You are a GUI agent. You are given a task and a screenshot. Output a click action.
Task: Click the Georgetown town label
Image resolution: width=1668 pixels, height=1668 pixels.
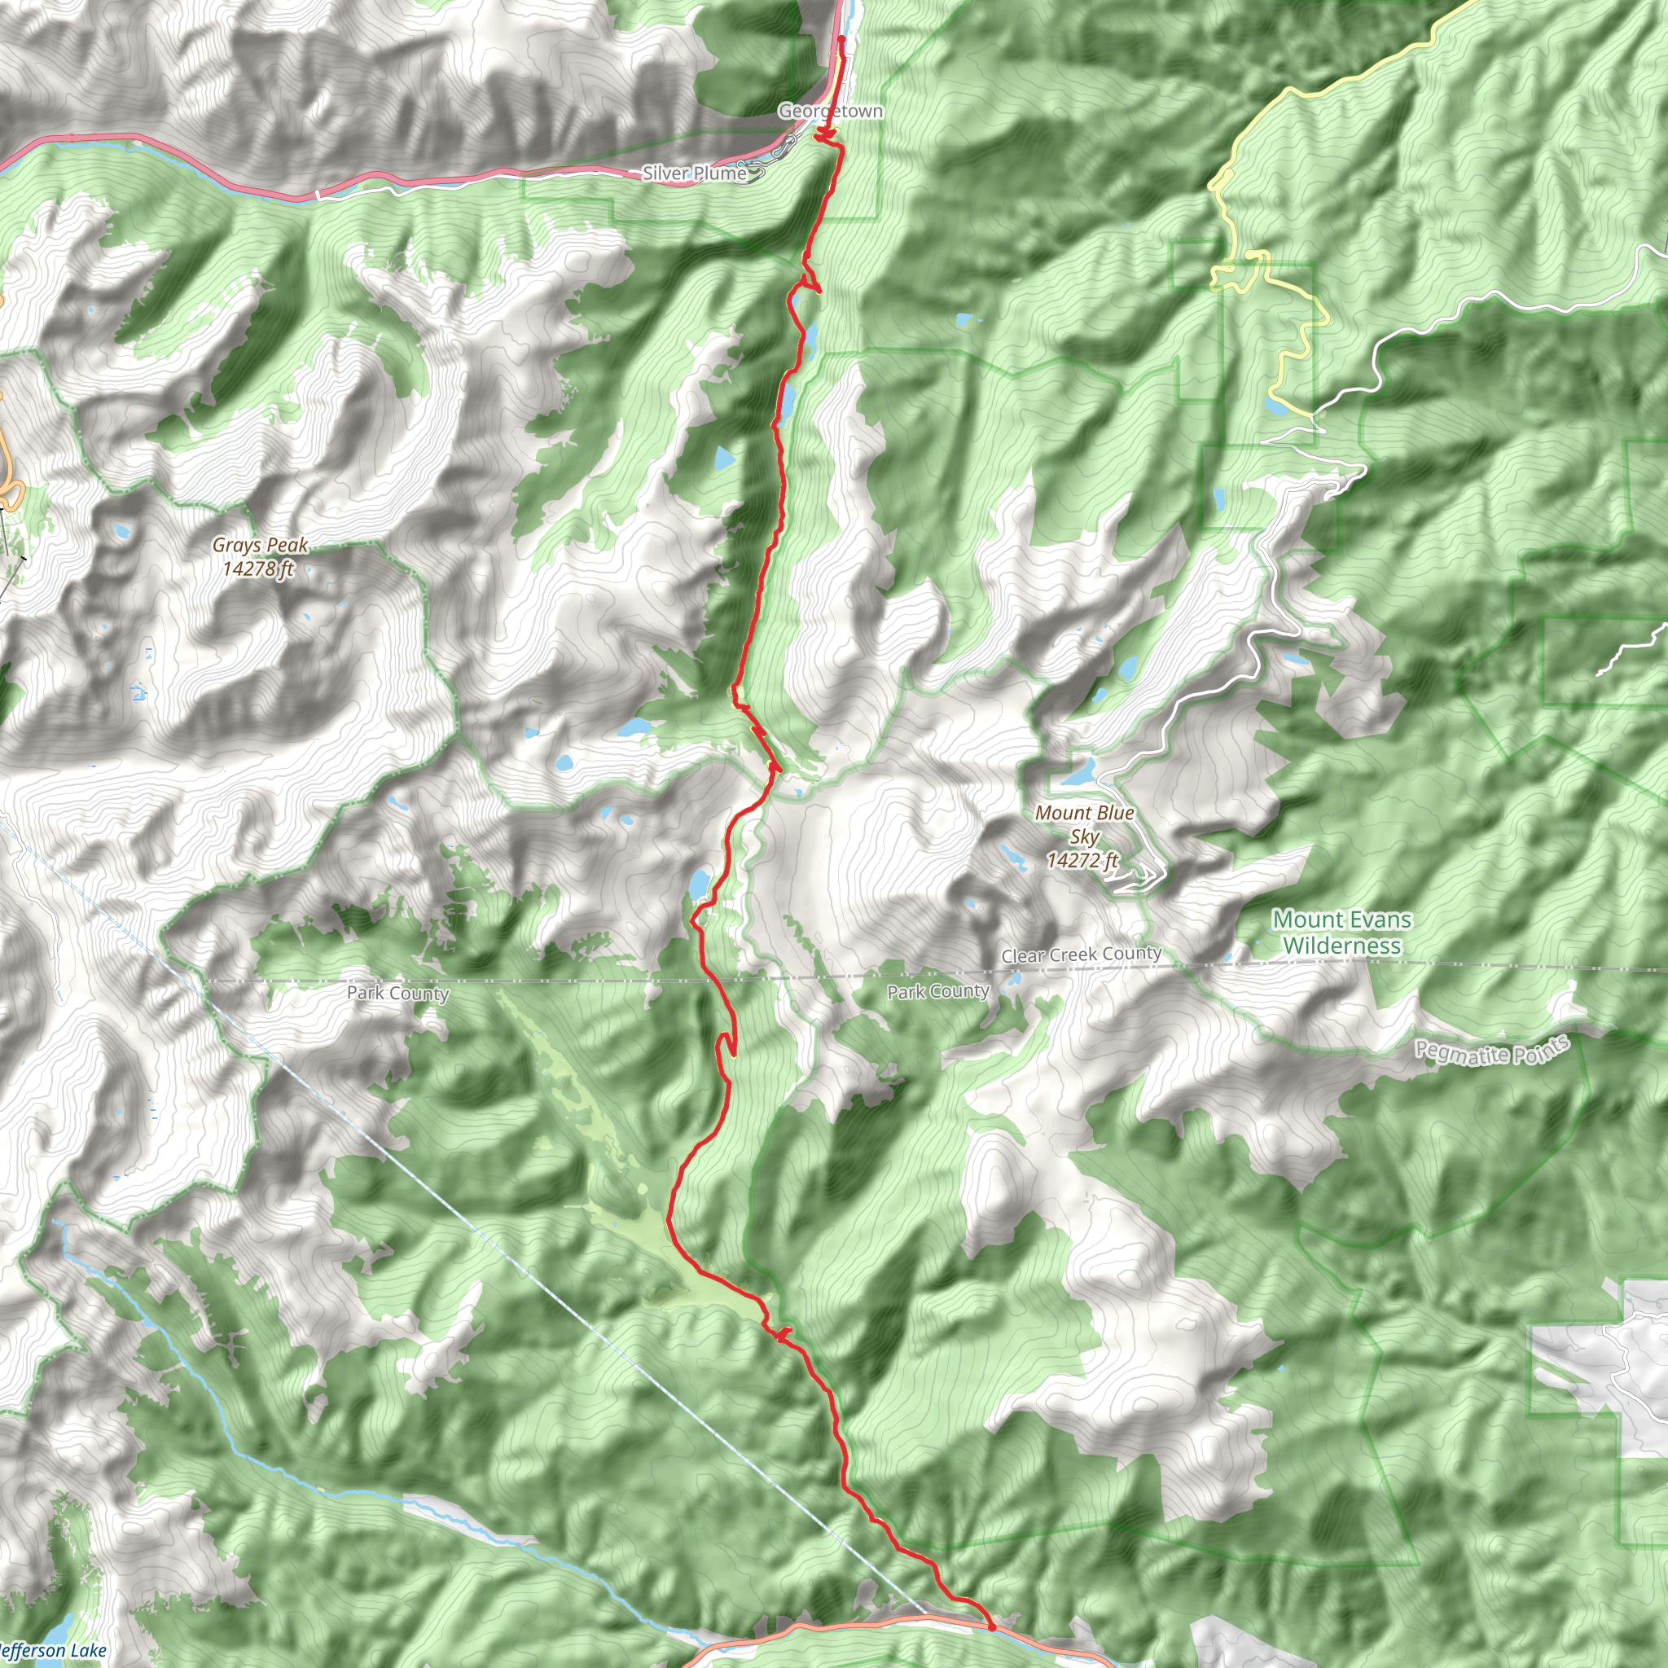point(830,112)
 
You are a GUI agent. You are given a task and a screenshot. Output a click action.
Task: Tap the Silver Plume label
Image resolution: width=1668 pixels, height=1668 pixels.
point(694,173)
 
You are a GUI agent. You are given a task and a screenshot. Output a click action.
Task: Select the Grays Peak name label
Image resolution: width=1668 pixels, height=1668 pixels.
point(260,545)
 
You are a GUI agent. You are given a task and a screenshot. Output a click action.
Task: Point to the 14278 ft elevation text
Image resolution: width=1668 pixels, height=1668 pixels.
point(258,568)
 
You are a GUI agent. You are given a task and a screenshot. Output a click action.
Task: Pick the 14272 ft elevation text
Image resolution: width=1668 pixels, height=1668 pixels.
point(1082,860)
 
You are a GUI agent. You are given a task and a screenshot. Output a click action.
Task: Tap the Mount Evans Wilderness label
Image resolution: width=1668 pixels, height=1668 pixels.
point(1341,933)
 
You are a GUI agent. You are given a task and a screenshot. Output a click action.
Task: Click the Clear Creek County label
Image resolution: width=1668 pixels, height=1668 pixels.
point(1081,954)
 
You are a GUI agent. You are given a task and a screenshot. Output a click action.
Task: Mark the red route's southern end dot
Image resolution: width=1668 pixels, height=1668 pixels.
point(991,1626)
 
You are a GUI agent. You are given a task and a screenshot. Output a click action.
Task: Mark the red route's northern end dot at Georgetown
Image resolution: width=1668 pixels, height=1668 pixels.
point(841,39)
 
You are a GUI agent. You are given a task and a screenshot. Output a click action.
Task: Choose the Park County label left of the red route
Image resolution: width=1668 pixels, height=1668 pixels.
point(398,993)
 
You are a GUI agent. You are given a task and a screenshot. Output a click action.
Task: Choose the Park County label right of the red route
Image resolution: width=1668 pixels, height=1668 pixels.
point(938,992)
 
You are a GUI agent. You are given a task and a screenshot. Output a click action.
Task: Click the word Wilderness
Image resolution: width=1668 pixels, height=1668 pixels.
point(1341,946)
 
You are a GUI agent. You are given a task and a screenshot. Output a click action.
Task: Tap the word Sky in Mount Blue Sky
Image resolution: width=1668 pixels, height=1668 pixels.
point(1084,836)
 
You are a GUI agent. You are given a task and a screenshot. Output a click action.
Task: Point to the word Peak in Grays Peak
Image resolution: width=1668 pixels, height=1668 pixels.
point(288,545)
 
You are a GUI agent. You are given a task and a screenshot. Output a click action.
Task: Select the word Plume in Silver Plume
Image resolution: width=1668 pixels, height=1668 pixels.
point(720,173)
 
